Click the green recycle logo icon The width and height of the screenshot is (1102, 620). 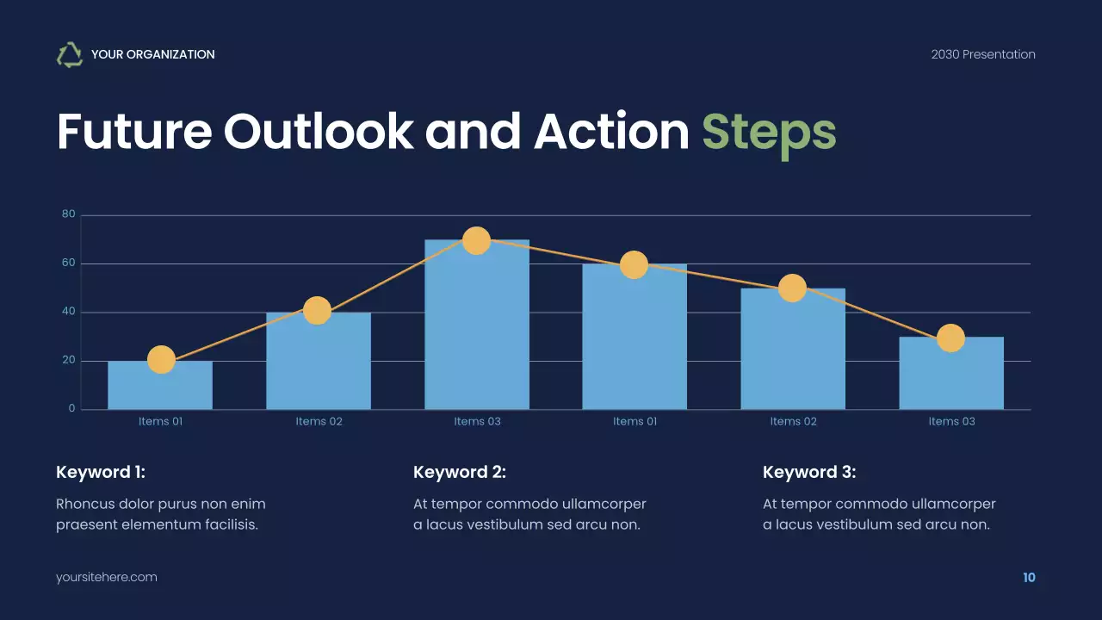tap(70, 54)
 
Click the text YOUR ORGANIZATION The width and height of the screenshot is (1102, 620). tap(152, 54)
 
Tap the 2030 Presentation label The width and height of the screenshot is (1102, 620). tap(982, 54)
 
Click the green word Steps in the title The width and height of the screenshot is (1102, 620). tap(769, 131)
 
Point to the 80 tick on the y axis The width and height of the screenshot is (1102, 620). tap(69, 214)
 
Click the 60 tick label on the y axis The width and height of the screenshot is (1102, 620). tap(69, 263)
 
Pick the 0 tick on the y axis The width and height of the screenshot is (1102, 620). tap(72, 409)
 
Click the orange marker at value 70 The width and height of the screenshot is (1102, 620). tap(476, 240)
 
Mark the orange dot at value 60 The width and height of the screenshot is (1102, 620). tap(634, 264)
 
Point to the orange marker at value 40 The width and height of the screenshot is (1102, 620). tap(318, 311)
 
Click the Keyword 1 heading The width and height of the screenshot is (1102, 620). tap(101, 472)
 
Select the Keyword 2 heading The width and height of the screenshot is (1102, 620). tap(460, 472)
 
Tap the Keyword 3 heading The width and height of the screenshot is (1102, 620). tap(809, 472)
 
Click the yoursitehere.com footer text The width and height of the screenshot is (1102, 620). tap(107, 577)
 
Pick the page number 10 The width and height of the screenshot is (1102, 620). tap(1029, 577)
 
